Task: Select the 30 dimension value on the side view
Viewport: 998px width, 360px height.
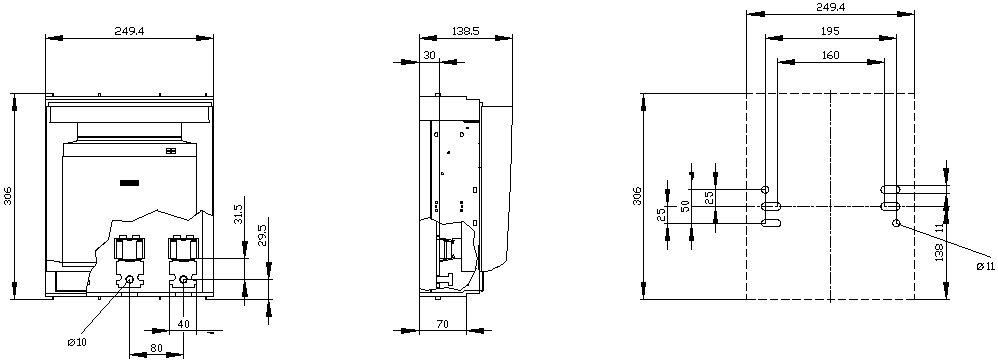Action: (x=430, y=55)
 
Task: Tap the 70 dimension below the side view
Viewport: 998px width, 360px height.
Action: (x=443, y=324)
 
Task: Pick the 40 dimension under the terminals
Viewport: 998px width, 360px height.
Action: (x=183, y=324)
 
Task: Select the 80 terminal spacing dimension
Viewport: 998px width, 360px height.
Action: (x=157, y=348)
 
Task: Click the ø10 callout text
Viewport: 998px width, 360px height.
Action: (x=77, y=342)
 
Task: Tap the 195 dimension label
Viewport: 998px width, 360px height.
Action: (x=830, y=31)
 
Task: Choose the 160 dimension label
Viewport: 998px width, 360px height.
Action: (x=830, y=55)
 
